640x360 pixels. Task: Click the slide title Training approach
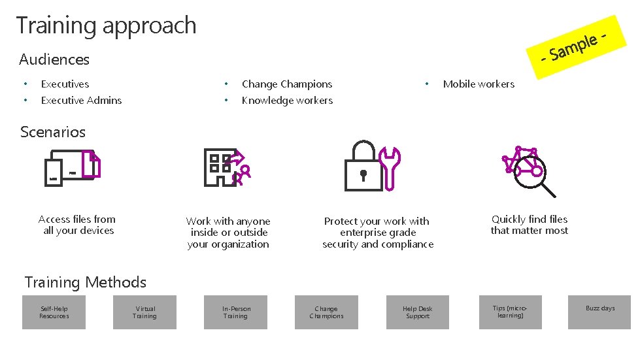[x=106, y=25]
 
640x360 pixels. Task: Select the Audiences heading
[x=54, y=59]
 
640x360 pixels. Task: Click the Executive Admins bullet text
[x=81, y=100]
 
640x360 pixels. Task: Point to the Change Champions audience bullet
[x=286, y=84]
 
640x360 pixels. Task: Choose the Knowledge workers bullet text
[x=287, y=100]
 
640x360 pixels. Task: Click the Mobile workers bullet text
[x=479, y=84]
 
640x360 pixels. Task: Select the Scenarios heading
[x=53, y=132]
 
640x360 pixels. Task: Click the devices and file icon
[x=72, y=167]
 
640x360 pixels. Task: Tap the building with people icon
[x=226, y=167]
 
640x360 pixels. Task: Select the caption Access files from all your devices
[x=77, y=225]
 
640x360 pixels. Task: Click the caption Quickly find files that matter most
[x=530, y=225]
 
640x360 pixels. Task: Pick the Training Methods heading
[x=86, y=282]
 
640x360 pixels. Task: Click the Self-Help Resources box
[x=54, y=312]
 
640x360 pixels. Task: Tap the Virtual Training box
[x=145, y=312]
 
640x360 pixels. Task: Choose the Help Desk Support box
[x=417, y=312]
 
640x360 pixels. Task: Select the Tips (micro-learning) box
[x=510, y=312]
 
